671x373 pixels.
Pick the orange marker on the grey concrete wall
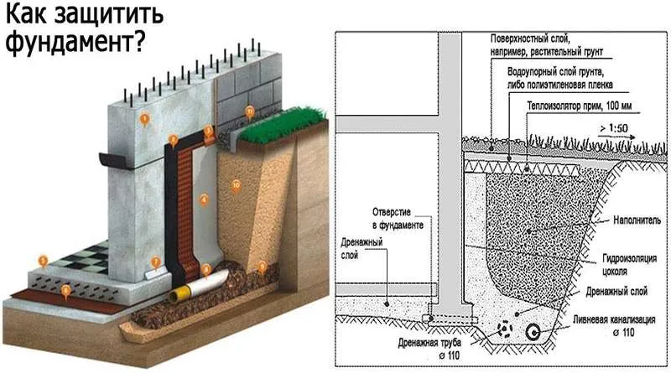144,119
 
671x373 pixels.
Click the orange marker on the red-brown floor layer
66,290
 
